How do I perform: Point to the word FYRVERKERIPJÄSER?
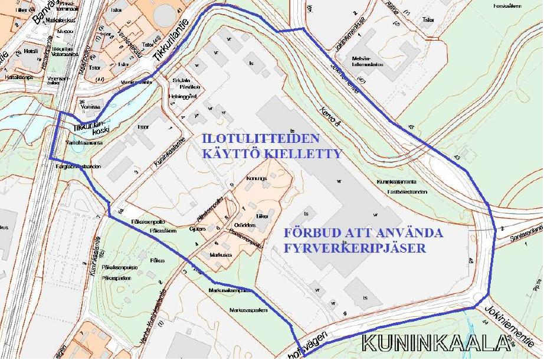(x=354, y=248)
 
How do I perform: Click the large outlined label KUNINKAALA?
(x=436, y=344)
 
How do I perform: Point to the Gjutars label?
(x=198, y=229)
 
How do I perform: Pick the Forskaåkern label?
(x=507, y=6)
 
